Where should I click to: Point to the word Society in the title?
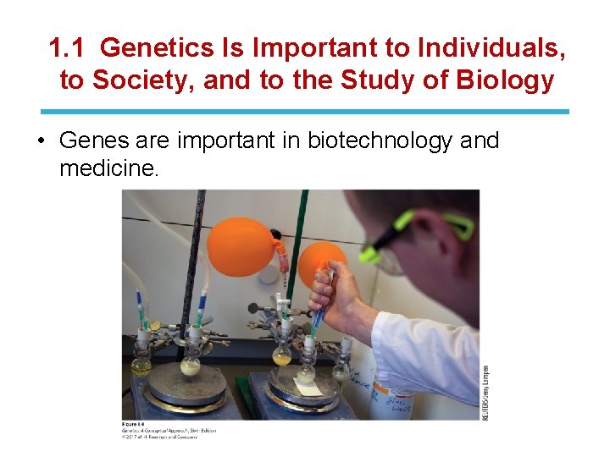coord(140,81)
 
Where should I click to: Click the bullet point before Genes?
coord(42,140)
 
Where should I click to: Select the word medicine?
coord(108,168)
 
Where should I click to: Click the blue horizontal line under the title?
coord(305,112)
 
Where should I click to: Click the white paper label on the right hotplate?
coord(307,387)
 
